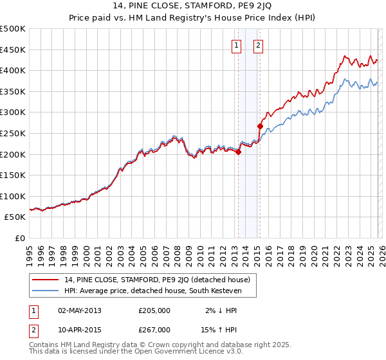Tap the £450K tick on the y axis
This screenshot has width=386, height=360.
(x=13, y=50)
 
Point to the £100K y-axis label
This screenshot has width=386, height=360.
(x=13, y=196)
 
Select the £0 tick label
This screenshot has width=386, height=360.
(x=19, y=238)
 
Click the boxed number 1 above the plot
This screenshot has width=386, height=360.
(x=236, y=45)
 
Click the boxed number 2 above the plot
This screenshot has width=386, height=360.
(x=258, y=45)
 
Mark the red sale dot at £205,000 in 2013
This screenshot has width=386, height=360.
(x=238, y=152)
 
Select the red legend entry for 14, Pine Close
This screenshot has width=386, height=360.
(x=161, y=279)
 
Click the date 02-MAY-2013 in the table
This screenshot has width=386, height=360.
(x=79, y=310)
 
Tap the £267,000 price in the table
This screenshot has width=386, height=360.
(x=154, y=329)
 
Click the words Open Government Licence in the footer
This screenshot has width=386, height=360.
(x=193, y=352)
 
